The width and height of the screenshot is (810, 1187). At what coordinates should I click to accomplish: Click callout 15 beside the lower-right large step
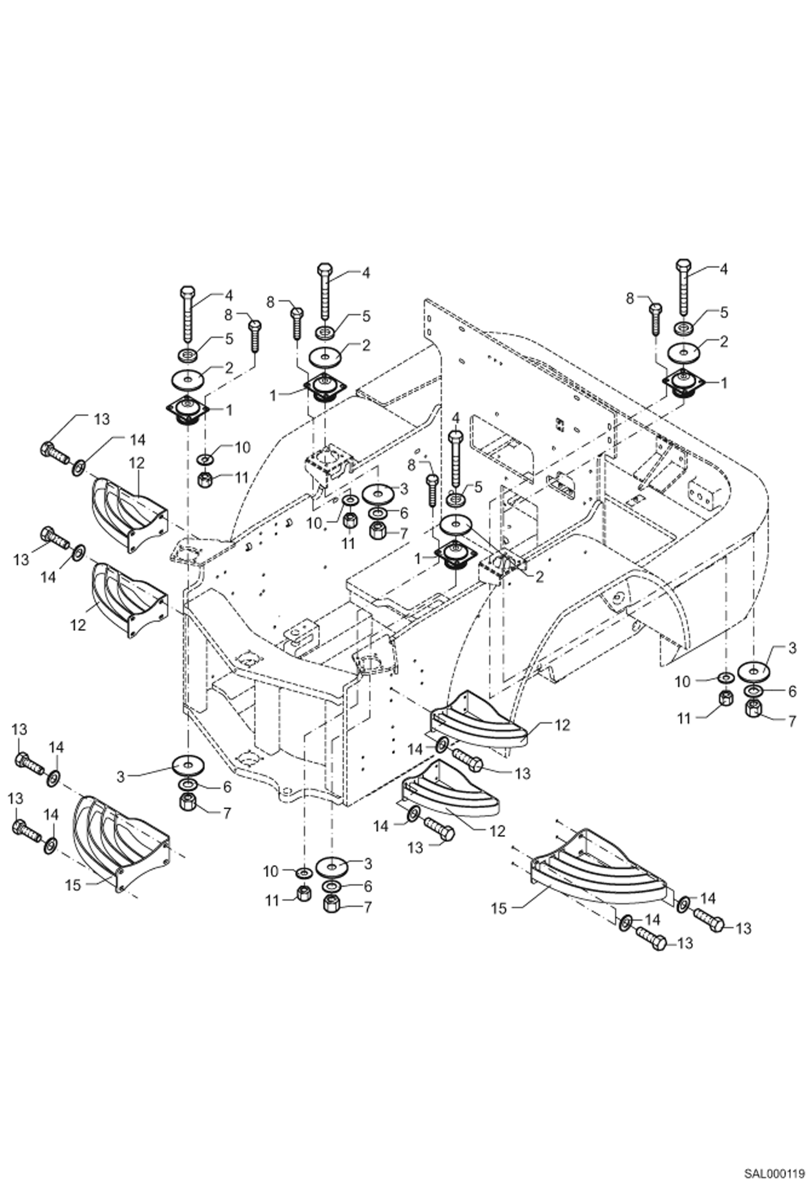499,908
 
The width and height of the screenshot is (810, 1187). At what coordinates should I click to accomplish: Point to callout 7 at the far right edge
792,721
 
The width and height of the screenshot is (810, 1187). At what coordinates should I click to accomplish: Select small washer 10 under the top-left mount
205,459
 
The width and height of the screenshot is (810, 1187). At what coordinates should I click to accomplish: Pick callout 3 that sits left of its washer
121,777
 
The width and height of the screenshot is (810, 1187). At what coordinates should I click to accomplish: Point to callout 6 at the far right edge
792,691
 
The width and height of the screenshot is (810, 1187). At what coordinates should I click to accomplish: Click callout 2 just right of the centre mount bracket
539,577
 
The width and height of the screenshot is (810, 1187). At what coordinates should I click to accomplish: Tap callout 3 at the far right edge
792,648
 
